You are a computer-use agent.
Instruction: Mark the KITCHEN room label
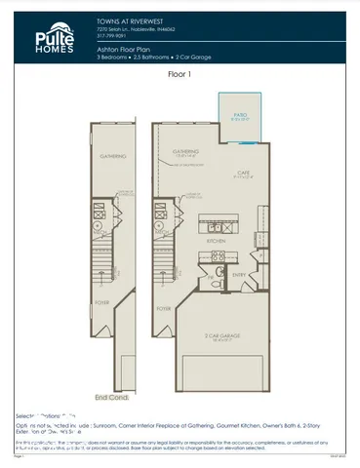coord(217,240)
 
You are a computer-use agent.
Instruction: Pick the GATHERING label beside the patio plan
coord(185,151)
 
